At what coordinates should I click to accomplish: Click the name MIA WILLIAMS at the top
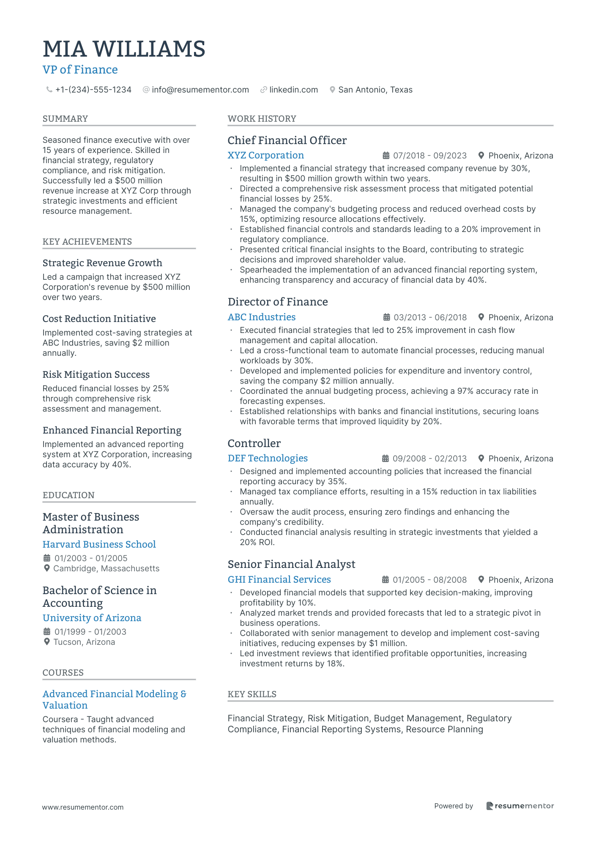click(124, 49)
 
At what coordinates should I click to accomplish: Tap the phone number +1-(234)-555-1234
click(93, 90)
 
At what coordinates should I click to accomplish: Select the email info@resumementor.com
click(200, 90)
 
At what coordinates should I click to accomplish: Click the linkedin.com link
click(293, 90)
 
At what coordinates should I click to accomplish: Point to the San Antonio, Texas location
click(375, 90)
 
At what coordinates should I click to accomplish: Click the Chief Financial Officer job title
click(287, 140)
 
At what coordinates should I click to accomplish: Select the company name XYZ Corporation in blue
click(265, 156)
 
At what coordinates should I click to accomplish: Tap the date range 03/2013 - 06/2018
click(430, 317)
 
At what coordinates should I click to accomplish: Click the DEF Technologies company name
click(268, 458)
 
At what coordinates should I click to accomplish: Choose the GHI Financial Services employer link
click(279, 580)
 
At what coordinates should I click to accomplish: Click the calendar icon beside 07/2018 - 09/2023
click(386, 156)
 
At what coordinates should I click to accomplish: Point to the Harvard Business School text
click(99, 545)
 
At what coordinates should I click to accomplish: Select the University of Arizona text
click(92, 618)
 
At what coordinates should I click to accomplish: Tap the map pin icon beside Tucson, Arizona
click(47, 642)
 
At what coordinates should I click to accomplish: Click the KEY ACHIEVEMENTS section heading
click(87, 242)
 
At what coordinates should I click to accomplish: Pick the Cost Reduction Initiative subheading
click(99, 319)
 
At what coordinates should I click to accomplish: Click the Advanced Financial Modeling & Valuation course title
click(114, 700)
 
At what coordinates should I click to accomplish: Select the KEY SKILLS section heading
click(252, 694)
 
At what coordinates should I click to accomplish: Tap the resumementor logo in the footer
click(519, 806)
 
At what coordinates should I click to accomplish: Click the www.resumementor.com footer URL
click(83, 807)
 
